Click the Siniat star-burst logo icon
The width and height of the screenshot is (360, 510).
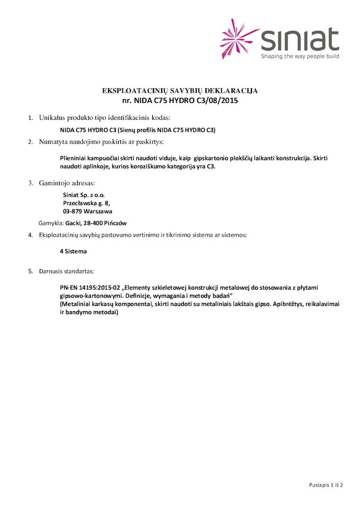pyautogui.click(x=239, y=39)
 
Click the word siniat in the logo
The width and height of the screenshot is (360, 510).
pyautogui.click(x=300, y=39)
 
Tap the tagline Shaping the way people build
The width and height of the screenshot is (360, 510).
pyautogui.click(x=300, y=56)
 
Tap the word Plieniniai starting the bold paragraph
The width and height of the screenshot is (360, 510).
pyautogui.click(x=75, y=159)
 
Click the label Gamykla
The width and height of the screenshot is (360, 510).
pyautogui.click(x=51, y=223)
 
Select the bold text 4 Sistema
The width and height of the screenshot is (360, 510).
pyautogui.click(x=73, y=251)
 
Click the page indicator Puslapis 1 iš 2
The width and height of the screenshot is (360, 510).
pyautogui.click(x=326, y=484)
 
